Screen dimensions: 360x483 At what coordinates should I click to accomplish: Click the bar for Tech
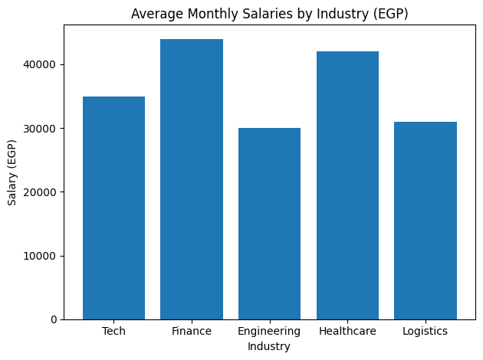tap(113, 208)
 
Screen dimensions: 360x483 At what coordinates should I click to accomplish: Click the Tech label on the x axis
tap(113, 331)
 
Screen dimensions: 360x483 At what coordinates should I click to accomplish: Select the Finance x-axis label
tap(192, 331)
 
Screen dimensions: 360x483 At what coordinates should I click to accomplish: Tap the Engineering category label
tap(269, 331)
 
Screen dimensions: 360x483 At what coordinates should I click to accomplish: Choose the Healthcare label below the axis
tap(347, 331)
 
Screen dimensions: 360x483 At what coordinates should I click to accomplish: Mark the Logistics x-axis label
tap(425, 331)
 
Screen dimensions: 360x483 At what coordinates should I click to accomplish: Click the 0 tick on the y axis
tap(53, 319)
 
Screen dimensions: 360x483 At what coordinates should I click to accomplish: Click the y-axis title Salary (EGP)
tap(12, 172)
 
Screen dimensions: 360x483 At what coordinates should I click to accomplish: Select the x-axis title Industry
tap(269, 347)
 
